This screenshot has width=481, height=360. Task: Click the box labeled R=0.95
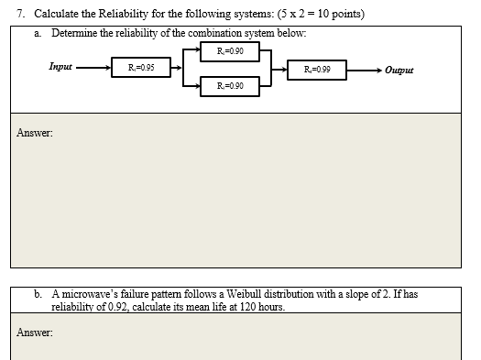coord(139,67)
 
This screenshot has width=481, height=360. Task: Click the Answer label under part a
coord(34,134)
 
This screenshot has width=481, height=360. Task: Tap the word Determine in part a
coord(76,32)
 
